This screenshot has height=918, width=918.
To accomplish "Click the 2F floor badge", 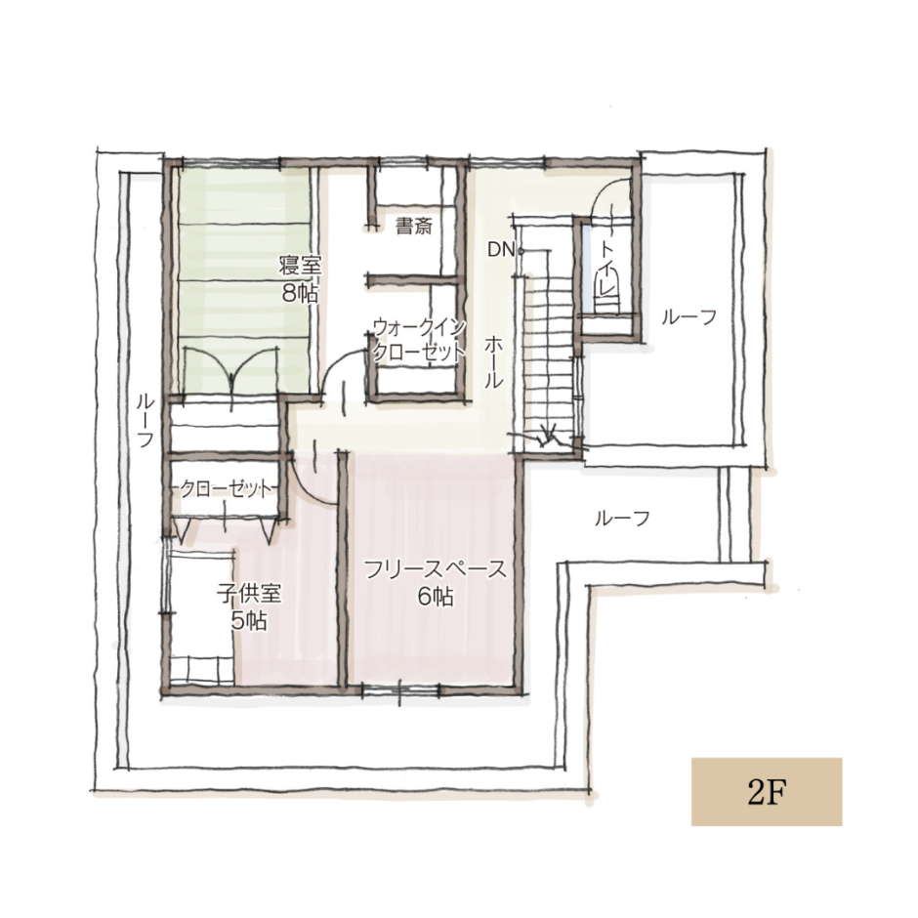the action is coord(767,792).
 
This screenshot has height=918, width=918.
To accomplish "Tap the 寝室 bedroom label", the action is coord(301,266).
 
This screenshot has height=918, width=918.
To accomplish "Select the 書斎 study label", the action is coord(414,226).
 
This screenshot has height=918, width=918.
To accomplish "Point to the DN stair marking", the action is coord(501,250).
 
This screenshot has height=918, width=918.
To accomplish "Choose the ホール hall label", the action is coord(493,361).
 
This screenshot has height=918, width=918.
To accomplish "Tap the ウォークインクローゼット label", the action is coord(419,340).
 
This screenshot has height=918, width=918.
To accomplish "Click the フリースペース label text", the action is coord(435,569).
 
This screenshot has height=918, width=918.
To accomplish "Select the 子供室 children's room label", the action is coord(249,594).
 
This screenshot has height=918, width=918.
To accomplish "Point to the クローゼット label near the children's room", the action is coord(226,488).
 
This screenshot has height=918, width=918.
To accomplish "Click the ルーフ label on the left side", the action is coord(146,420).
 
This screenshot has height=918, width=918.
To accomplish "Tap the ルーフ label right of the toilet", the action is coord(689,317).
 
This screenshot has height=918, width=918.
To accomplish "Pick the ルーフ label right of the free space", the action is coord(622,519).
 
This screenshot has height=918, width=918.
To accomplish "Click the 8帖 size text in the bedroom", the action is coord(301,293).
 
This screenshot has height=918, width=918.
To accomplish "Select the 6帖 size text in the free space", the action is coord(435,597).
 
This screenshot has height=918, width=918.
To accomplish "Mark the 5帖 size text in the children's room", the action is coord(249,620).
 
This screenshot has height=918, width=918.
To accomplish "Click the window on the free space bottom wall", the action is coord(400,690).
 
